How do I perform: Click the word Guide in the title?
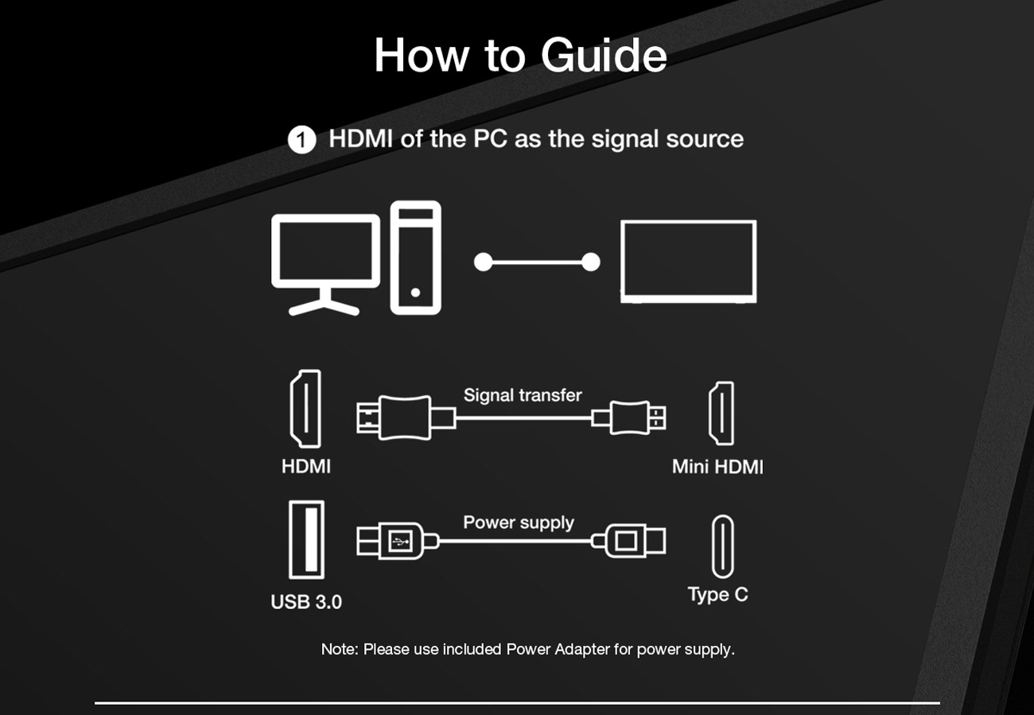604,56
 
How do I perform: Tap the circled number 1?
301,140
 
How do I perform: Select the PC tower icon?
415,257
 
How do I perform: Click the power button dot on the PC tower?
415,293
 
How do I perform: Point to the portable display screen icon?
688,261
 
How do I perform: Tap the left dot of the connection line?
483,262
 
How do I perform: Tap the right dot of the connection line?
590,262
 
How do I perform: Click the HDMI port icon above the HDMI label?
305,409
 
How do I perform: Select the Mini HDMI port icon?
721,414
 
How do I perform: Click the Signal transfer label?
523,395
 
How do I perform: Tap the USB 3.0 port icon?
306,540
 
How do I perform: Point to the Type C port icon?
722,546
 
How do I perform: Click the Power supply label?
518,523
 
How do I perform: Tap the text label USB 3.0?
306,602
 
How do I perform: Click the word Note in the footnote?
339,649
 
